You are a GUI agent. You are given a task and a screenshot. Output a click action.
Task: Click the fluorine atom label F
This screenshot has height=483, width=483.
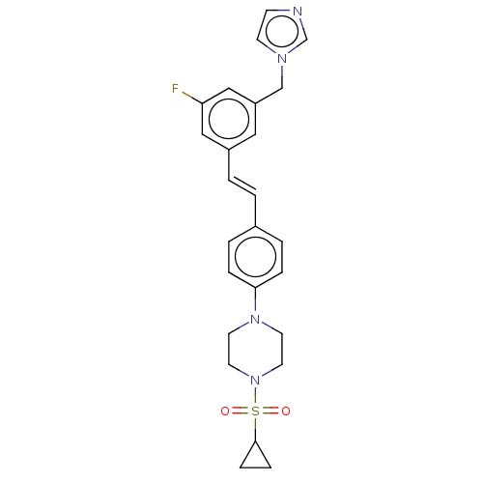pos(175,89)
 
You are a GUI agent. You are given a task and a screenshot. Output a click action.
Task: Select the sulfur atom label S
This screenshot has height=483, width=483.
pos(255,412)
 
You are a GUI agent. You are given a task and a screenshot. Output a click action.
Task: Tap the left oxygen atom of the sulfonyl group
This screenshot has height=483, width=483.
pos(225,412)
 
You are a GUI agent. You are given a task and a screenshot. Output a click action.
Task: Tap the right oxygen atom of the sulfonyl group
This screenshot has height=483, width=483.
pos(286,412)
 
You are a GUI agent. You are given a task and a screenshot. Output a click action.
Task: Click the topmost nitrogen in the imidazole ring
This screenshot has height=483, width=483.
pos(298,12)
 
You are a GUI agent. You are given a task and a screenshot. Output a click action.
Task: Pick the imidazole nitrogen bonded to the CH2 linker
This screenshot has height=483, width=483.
pos(282,59)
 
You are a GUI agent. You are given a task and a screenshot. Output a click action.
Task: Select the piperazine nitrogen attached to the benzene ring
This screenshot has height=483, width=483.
pos(255,320)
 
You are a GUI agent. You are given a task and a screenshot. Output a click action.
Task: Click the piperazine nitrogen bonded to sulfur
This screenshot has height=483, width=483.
pos(255,381)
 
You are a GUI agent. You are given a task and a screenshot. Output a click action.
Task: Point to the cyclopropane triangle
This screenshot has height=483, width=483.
pos(247,454)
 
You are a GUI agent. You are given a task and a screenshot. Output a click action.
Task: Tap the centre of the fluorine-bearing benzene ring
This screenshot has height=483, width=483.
pos(229,119)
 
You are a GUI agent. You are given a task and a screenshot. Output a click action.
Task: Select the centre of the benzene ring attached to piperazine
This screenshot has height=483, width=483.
pos(255,257)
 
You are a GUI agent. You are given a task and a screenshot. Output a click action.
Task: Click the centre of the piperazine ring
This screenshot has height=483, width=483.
pos(255,350)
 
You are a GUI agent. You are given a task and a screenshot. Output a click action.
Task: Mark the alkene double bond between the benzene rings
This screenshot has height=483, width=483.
pos(242,187)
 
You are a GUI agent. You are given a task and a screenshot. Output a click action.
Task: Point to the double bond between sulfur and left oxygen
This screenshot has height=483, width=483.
pos(241,412)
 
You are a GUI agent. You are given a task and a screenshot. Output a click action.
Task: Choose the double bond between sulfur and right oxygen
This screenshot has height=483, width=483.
pos(270,412)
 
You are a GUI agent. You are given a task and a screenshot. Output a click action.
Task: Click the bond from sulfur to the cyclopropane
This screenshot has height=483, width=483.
pos(255,429)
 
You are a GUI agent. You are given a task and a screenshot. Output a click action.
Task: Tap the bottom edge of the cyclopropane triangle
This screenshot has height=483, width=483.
pos(255,467)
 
